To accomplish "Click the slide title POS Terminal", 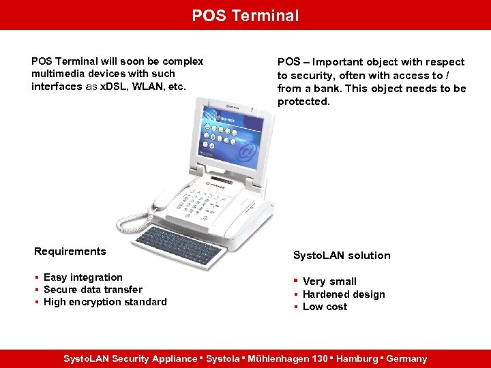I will click(x=245, y=15).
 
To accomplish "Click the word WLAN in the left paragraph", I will click(x=145, y=87).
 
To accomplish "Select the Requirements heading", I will click(x=70, y=251).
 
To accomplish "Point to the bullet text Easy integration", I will click(x=83, y=277).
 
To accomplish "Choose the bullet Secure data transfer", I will click(x=93, y=290).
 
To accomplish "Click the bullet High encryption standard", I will click(x=105, y=302).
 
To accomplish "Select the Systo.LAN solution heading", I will click(x=342, y=256).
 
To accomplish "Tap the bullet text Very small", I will click(x=329, y=281).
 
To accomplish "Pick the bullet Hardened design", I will click(x=344, y=294).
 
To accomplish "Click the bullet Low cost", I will click(x=325, y=307).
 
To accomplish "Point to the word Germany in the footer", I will click(x=406, y=358).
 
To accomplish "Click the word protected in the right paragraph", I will click(x=303, y=102).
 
